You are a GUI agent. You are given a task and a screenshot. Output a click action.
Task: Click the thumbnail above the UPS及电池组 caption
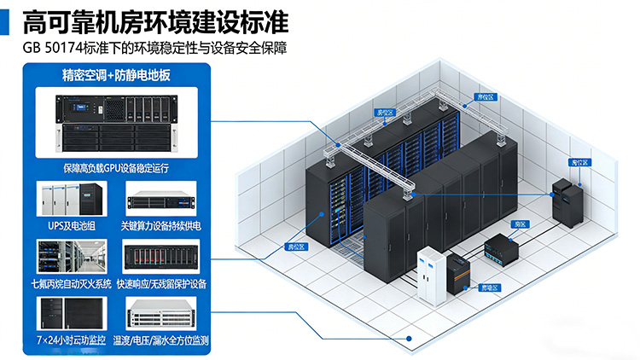pos(73,198)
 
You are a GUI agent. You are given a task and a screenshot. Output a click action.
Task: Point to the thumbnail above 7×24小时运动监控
pos(73,313)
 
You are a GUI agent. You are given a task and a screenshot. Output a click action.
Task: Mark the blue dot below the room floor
pos(410,338)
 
